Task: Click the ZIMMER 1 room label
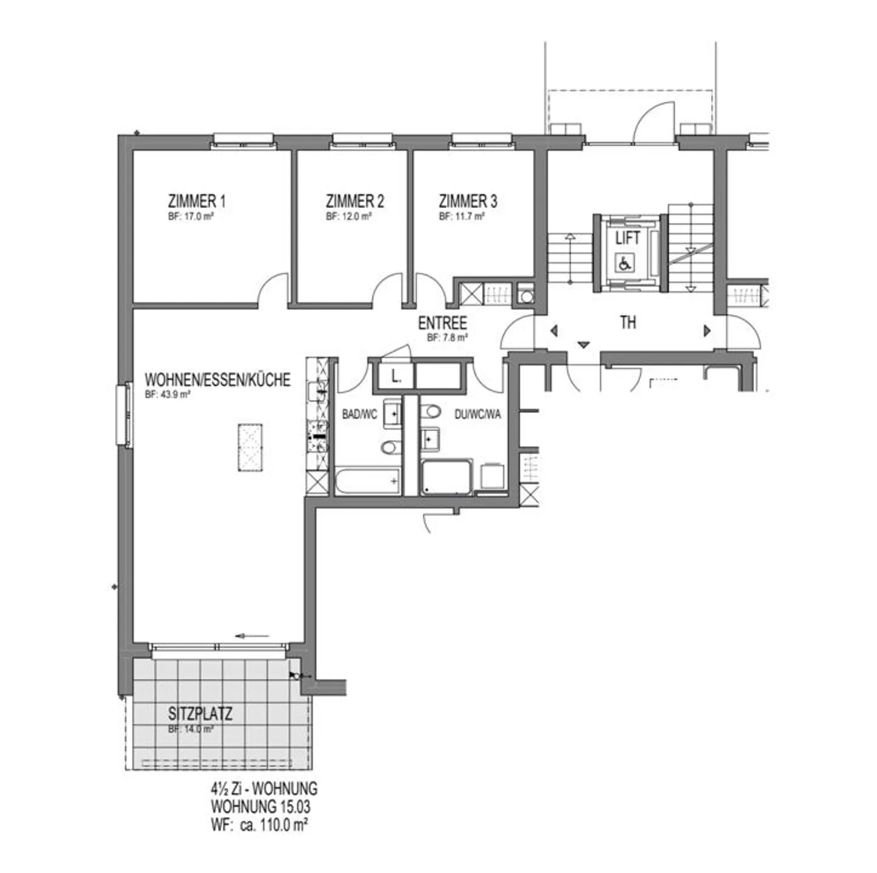(x=197, y=201)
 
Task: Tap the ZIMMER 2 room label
(x=354, y=201)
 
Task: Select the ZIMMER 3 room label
(x=468, y=201)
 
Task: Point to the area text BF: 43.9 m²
(x=167, y=394)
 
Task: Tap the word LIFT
(x=627, y=238)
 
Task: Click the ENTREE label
(x=442, y=323)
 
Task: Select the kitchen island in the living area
(x=250, y=447)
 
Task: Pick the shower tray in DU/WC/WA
(x=446, y=477)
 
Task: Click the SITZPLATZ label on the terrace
(x=200, y=713)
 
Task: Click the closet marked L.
(x=395, y=377)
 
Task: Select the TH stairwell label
(x=628, y=322)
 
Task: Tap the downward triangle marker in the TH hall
(x=583, y=345)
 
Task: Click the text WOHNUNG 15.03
(x=260, y=807)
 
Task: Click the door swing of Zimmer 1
(x=273, y=289)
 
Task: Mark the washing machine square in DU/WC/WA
(x=492, y=477)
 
